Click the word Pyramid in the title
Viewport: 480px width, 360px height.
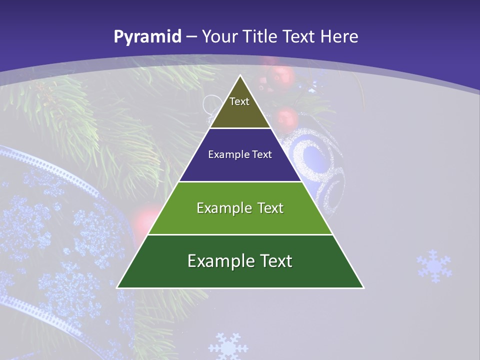click(147, 36)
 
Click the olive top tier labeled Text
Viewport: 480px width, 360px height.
click(239, 107)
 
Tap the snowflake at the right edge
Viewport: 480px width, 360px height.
click(433, 266)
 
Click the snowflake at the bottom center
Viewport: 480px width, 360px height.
click(228, 346)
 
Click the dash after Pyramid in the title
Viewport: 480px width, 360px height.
click(191, 36)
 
